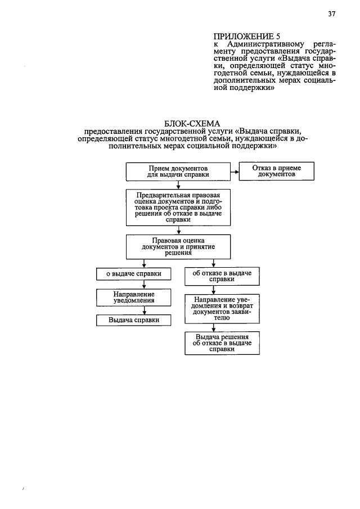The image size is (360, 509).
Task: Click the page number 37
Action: (332, 15)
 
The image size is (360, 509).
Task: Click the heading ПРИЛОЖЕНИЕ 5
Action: (239, 37)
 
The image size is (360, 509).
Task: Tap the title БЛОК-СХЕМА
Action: (192, 124)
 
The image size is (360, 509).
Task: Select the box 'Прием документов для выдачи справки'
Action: (178, 172)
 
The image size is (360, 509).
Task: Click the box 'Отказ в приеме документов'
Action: (276, 172)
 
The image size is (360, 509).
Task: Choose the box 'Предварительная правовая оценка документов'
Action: (178, 207)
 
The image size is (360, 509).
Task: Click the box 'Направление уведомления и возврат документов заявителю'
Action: (222, 308)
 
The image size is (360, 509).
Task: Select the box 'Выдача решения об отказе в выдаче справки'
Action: (222, 343)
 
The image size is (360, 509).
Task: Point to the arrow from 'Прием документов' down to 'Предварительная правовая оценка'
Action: (178, 184)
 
